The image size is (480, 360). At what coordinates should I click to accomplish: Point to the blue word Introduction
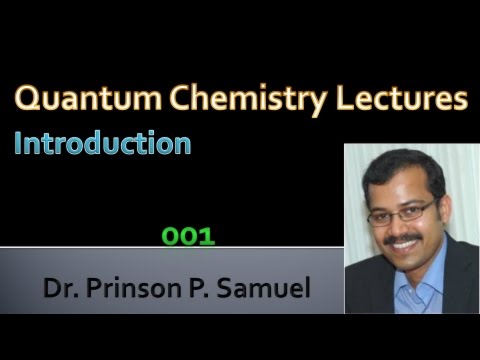pyautogui.click(x=102, y=143)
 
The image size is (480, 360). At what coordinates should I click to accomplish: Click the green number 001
pyautogui.click(x=189, y=237)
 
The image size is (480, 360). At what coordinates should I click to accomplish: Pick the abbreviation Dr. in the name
pyautogui.click(x=59, y=291)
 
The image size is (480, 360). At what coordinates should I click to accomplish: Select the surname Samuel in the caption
pyautogui.click(x=264, y=291)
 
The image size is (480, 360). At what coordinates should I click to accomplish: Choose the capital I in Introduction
pyautogui.click(x=19, y=143)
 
